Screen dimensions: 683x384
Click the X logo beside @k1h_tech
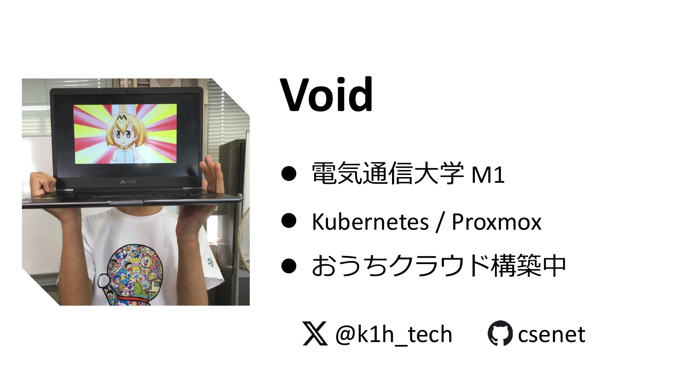315,333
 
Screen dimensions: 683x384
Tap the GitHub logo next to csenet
500,333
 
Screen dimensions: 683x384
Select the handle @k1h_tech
393,335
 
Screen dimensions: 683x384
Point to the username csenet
551,335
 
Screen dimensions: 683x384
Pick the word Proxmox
496,222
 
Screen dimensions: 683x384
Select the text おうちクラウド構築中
439,266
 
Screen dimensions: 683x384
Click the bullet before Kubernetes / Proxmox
289,220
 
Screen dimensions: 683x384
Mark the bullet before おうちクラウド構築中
289,266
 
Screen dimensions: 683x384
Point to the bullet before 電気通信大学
289,174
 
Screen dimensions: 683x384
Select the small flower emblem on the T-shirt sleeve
211,262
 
